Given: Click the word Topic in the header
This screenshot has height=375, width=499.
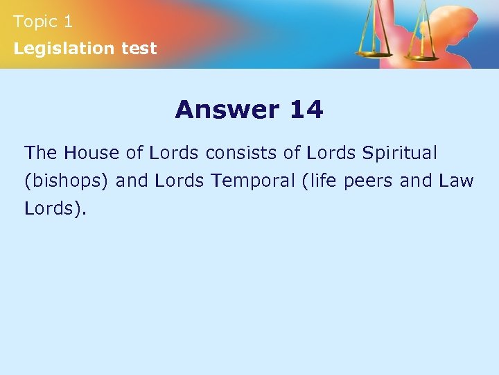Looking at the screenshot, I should pos(35,22).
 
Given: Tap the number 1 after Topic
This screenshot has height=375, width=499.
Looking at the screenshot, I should pos(67,22).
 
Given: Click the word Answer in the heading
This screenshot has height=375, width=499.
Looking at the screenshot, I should pos(226,109).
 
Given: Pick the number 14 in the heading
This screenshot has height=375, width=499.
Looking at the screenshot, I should pos(306,109).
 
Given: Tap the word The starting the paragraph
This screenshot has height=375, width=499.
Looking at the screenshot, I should pos(41,152).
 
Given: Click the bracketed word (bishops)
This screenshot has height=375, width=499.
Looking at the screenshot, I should pos(67,181).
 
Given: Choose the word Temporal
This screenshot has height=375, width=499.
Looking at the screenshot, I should pos(253,181).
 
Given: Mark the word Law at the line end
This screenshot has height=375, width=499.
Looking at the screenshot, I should pos(457,181).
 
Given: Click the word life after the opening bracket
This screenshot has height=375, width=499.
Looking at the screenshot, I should pos(322,181).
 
